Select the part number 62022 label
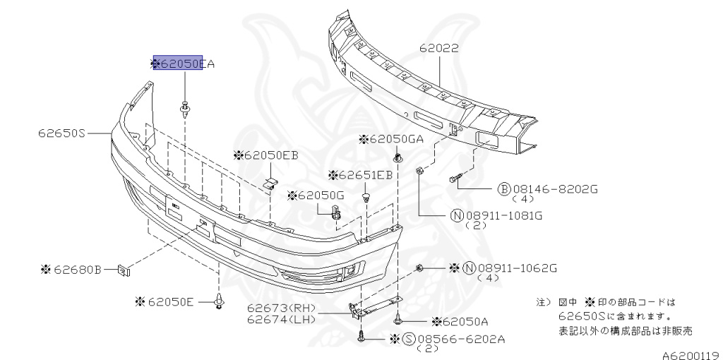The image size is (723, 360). click(x=438, y=49)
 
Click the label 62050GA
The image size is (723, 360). click(x=396, y=139)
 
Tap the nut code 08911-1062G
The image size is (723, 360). click(x=517, y=268)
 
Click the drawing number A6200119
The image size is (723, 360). click(x=690, y=354)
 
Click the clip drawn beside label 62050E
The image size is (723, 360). click(x=220, y=302)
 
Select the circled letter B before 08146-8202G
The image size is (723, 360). click(x=505, y=188)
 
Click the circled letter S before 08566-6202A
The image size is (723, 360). click(x=409, y=339)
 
